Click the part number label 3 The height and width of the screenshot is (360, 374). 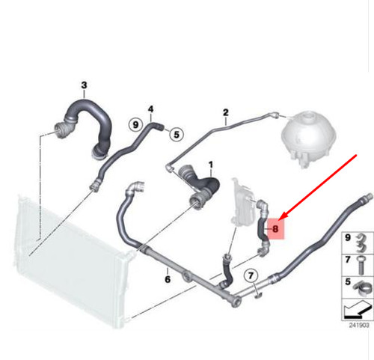click(x=85, y=85)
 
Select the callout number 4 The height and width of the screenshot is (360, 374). click(x=150, y=109)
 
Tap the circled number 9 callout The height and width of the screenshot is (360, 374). click(x=135, y=124)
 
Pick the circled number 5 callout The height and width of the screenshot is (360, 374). click(x=177, y=135)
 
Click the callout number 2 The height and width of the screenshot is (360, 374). click(x=225, y=112)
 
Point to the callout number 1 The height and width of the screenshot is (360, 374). click(x=211, y=165)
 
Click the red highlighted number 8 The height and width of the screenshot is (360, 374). click(x=275, y=228)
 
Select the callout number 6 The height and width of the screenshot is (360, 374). click(x=168, y=279)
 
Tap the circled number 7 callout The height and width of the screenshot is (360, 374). click(x=251, y=275)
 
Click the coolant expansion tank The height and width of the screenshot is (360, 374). click(x=309, y=138)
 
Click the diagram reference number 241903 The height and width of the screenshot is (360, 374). click(x=359, y=325)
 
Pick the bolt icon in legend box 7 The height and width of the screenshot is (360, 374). click(x=361, y=265)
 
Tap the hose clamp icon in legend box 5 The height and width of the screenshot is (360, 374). click(x=362, y=287)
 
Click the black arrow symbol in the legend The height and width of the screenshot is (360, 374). click(x=358, y=310)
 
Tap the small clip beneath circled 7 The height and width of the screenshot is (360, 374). click(x=257, y=295)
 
